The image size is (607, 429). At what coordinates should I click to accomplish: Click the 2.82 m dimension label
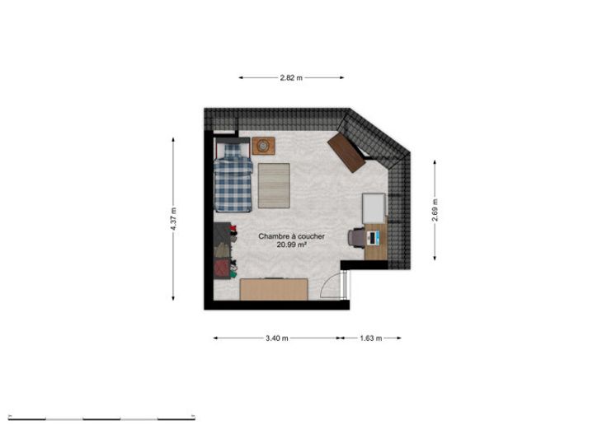coord(291,77)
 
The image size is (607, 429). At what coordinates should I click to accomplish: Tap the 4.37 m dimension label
coord(173,219)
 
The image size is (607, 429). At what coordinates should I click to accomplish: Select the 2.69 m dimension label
coord(435,210)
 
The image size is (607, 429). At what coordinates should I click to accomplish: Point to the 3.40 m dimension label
coord(277,338)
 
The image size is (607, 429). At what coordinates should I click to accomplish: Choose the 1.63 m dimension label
coord(371,338)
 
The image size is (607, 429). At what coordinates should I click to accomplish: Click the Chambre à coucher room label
coord(291,236)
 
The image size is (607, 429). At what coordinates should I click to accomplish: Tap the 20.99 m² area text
coord(291,245)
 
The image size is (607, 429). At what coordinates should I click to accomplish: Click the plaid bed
coord(233,175)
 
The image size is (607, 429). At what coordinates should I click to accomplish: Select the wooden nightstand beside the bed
coord(264,146)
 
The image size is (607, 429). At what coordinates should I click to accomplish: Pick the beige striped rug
coord(274,186)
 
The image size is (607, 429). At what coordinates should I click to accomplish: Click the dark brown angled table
coord(346,152)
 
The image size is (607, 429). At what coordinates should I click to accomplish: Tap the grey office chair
coord(356,237)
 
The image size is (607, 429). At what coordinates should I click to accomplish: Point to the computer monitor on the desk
coord(373,238)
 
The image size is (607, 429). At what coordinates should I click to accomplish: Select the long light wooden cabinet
coord(274,290)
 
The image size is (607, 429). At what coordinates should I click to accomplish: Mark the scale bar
coord(101,418)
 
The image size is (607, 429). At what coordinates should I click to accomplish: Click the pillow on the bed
coord(233,150)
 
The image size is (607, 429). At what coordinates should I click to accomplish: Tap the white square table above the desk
coord(374,208)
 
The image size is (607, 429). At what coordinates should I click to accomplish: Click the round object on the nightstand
coord(263,146)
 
